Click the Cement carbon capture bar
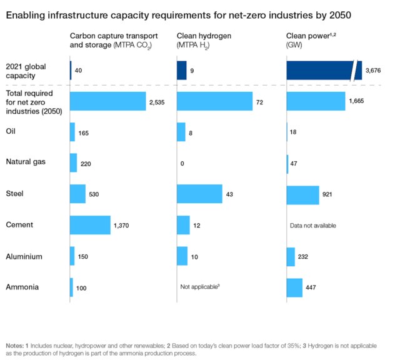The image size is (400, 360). click(x=90, y=224)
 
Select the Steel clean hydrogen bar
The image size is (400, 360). click(x=199, y=194)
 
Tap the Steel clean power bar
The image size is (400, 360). click(x=302, y=194)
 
